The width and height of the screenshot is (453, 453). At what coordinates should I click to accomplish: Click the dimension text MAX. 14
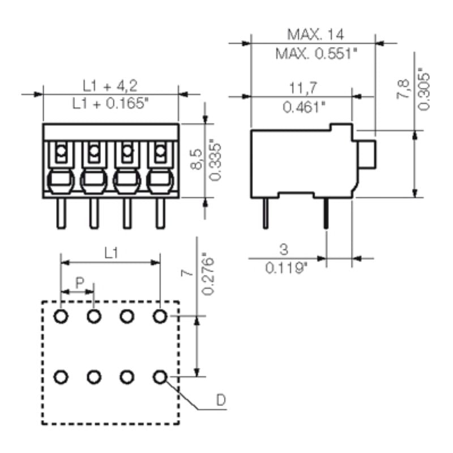pyautogui.click(x=315, y=34)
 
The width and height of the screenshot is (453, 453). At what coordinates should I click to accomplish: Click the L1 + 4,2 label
pyautogui.click(x=110, y=86)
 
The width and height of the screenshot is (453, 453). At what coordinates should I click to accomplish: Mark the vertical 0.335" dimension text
pyautogui.click(x=215, y=159)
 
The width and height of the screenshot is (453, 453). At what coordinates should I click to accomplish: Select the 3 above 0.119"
pyautogui.click(x=283, y=249)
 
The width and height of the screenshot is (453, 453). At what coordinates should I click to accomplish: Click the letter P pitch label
pyautogui.click(x=80, y=282)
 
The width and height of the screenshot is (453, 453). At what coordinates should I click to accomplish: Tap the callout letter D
pyautogui.click(x=221, y=401)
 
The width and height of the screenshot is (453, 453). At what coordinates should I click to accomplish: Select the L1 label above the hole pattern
pyautogui.click(x=112, y=254)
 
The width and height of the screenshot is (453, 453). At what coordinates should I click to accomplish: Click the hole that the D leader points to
pyautogui.click(x=160, y=376)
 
